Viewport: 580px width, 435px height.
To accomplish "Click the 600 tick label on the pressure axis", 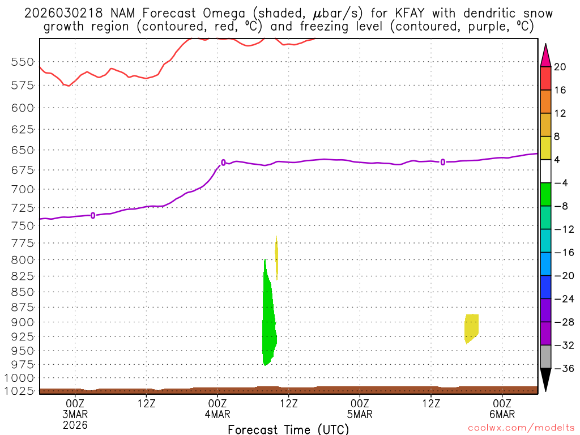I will pyautogui.click(x=23, y=107).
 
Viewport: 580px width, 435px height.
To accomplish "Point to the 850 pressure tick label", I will pyautogui.click(x=23, y=292).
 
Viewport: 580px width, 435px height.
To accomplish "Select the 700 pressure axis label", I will pyautogui.click(x=23, y=189).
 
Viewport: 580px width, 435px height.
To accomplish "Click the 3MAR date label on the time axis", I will pyautogui.click(x=75, y=413).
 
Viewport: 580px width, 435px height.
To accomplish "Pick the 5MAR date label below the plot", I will pyautogui.click(x=360, y=413).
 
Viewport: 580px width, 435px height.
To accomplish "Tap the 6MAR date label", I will pyautogui.click(x=502, y=413).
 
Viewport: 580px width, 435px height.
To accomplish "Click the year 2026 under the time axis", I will pyautogui.click(x=75, y=424).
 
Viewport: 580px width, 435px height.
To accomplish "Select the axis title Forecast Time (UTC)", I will pyautogui.click(x=288, y=429).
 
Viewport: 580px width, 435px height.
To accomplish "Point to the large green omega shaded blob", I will pyautogui.click(x=269, y=323).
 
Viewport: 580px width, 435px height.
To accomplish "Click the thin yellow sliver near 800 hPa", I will pyautogui.click(x=276, y=255).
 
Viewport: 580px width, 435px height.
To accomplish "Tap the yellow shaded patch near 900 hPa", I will pyautogui.click(x=471, y=327).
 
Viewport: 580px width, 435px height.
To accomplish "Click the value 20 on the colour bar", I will pyautogui.click(x=560, y=67).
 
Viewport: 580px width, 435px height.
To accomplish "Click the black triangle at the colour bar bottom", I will pyautogui.click(x=545, y=379).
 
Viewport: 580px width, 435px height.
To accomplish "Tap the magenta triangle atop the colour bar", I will pyautogui.click(x=545, y=54).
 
